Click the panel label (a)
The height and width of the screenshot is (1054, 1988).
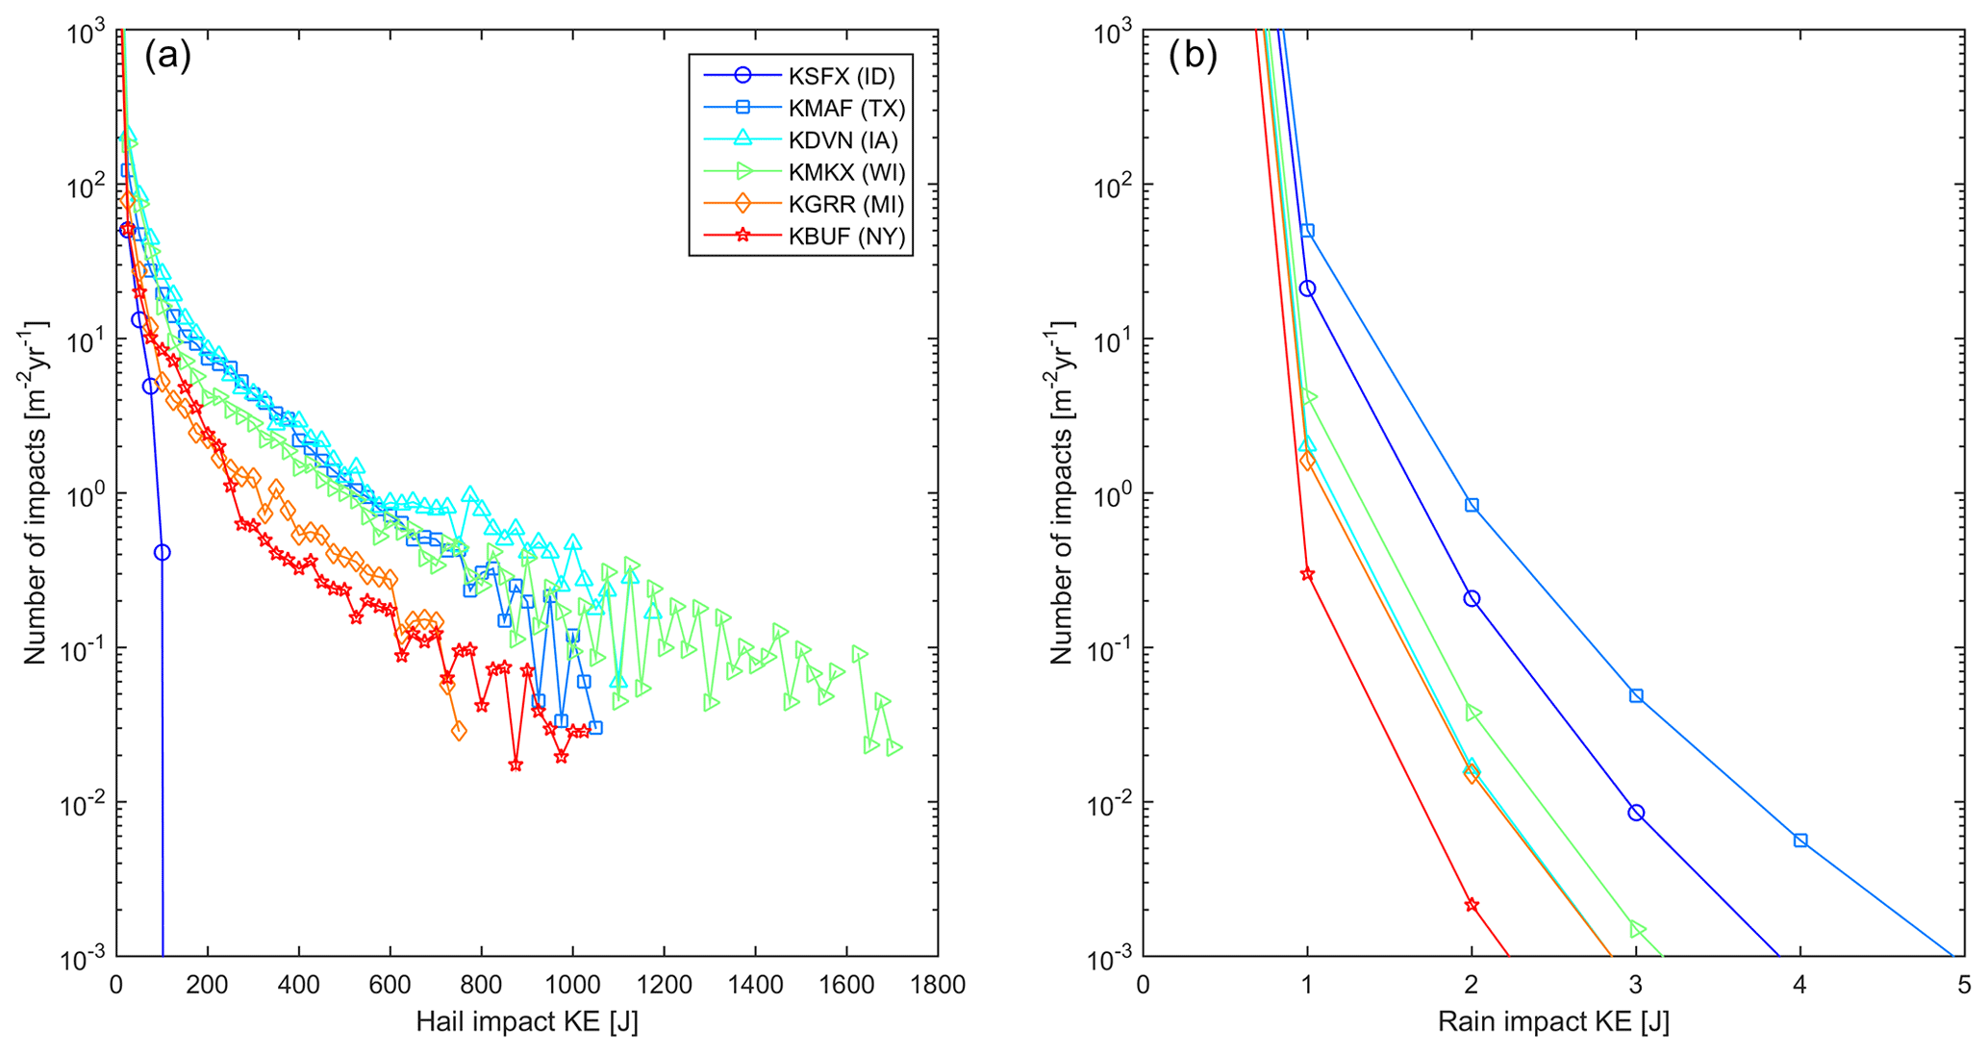168,56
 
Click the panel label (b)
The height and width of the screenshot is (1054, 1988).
1193,56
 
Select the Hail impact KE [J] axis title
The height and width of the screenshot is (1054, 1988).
527,1021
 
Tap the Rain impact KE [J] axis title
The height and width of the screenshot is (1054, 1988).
1553,1021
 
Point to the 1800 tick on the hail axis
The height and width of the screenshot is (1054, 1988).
938,985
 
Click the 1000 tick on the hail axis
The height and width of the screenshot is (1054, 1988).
572,985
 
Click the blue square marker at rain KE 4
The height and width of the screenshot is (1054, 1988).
1800,841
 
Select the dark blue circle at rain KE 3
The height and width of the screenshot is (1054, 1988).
1636,813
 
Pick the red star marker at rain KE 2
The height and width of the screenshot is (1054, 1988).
1472,905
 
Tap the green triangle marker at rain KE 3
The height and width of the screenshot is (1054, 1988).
1637,929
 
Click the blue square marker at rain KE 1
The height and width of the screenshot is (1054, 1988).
1307,231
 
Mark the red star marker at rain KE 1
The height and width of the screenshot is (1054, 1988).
1307,574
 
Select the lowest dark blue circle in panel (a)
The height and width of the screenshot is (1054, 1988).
162,552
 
